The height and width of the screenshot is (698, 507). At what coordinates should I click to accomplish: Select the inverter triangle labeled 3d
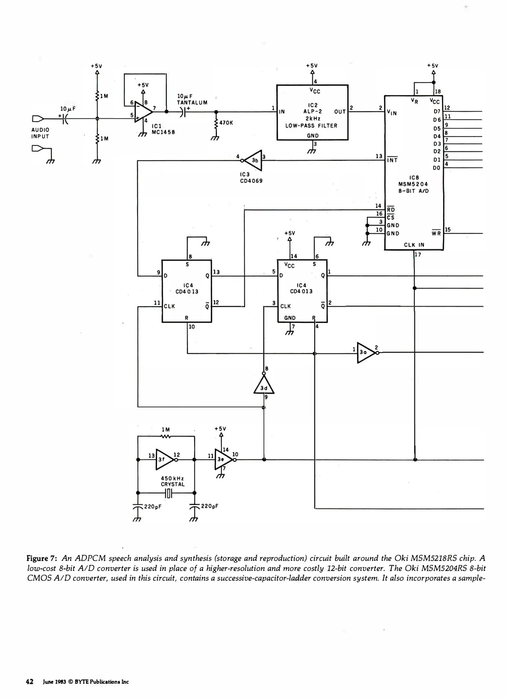pos(264,386)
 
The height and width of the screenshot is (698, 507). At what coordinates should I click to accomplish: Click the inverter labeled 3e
pos(223,459)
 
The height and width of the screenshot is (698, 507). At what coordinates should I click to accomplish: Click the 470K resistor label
pos(226,123)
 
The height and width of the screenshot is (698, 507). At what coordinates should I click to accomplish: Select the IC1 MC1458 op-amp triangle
pos(143,112)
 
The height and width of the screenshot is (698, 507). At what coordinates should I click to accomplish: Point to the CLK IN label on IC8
pos(414,245)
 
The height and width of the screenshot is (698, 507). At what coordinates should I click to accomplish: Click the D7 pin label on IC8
pos(437,111)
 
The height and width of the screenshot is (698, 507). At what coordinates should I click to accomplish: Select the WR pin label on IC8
pos(436,233)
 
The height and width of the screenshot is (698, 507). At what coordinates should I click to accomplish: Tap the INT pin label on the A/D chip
pos(392,160)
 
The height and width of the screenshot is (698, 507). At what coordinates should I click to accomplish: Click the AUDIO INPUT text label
pos(40,133)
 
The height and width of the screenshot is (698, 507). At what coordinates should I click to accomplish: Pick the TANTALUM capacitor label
pos(192,103)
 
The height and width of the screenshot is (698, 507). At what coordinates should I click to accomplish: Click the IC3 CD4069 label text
pos(251,178)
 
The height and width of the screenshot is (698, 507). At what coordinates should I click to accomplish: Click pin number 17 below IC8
pos(418,255)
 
